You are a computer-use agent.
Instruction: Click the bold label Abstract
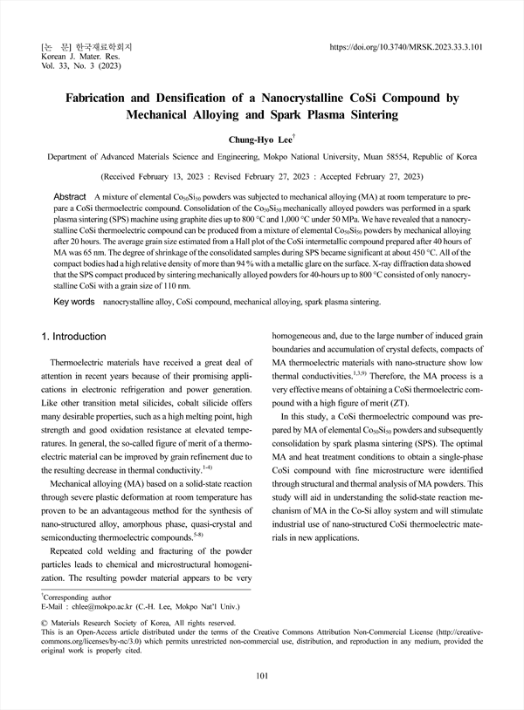coord(70,198)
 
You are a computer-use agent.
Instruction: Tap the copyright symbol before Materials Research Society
coord(45,623)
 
